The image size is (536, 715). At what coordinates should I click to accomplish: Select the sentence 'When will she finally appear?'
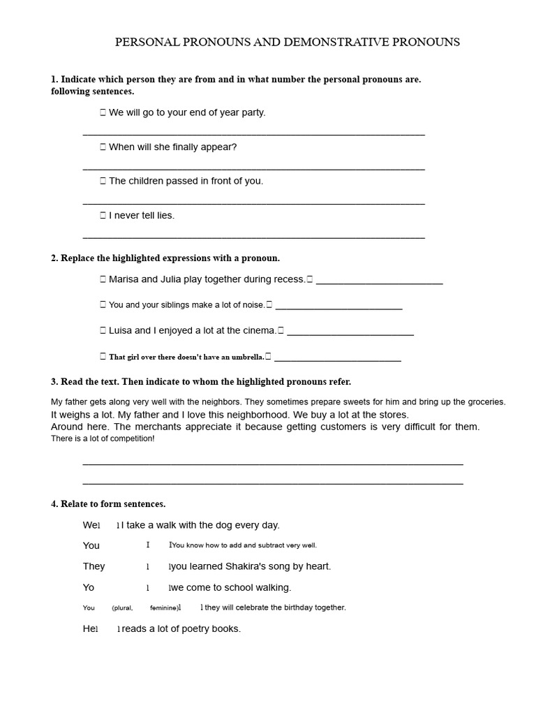coord(172,147)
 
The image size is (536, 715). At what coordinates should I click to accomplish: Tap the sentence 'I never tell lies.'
coord(142,215)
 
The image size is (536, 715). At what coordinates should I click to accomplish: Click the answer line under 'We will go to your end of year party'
coord(253,133)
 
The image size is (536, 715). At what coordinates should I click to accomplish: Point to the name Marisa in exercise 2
coord(124,279)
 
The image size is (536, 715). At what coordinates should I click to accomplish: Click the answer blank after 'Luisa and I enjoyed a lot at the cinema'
coord(350,333)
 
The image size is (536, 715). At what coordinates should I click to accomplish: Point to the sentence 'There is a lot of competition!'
coord(103,438)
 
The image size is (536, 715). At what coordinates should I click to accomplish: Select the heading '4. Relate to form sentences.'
coord(108,503)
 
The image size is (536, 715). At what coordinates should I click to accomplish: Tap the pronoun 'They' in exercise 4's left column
coord(94,566)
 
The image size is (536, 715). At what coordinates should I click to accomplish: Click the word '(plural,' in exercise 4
coord(122,608)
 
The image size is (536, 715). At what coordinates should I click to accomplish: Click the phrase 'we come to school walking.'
coord(231,587)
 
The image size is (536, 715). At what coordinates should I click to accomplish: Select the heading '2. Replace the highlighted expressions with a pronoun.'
coord(165,258)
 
